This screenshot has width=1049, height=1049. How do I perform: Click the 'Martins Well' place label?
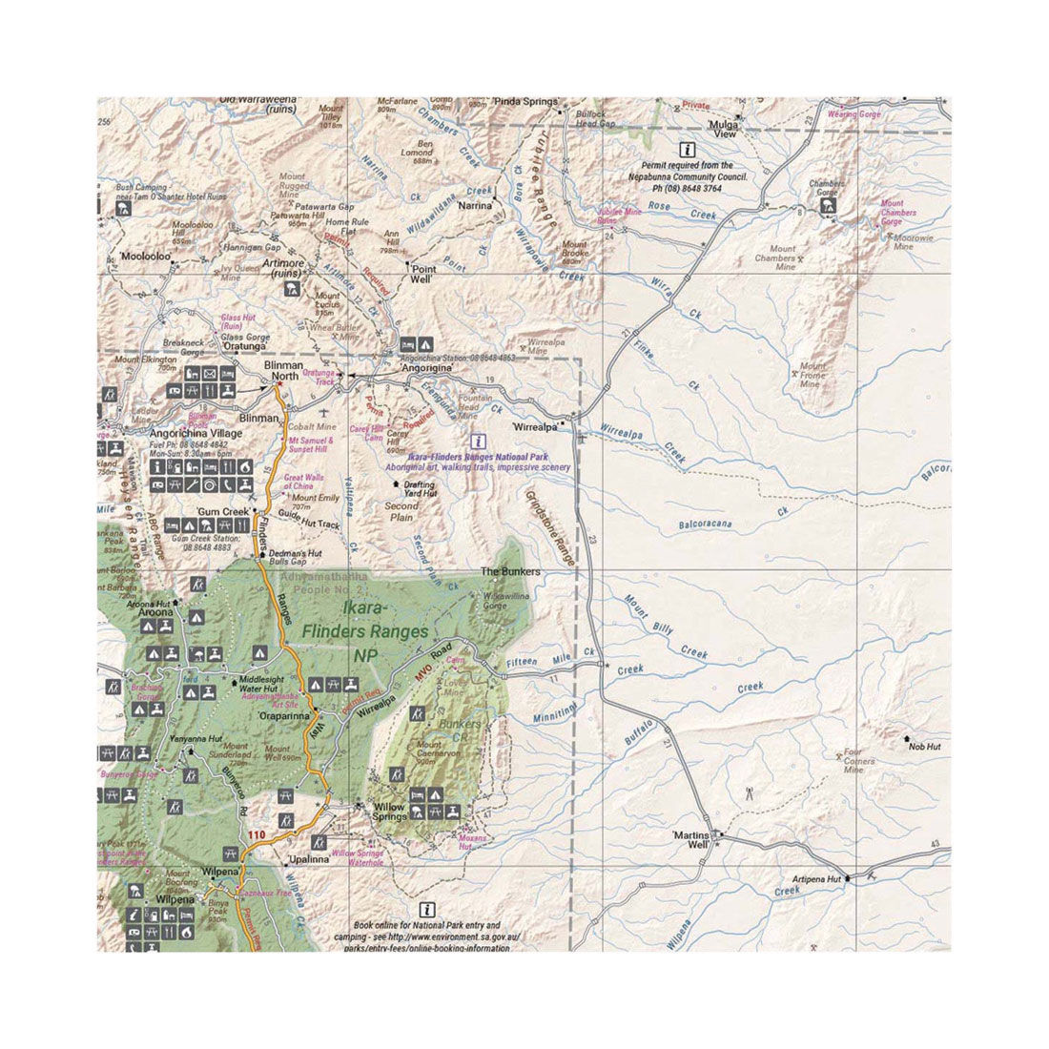coord(691,839)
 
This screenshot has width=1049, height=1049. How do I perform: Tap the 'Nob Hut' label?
coord(923,747)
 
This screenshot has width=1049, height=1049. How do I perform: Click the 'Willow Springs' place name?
coord(389,812)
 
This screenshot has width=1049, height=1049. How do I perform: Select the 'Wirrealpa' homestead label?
coord(535,427)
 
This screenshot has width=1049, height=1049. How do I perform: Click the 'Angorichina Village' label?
coord(195,433)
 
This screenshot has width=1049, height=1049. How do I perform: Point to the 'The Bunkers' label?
coord(510,572)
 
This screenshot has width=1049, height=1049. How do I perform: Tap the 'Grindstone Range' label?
coord(550,530)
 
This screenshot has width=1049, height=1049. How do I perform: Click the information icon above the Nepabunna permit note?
coord(687,149)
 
